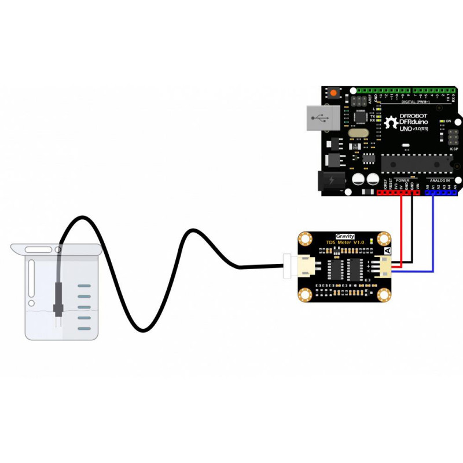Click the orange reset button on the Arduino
[x=335, y=93]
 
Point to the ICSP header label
[x=453, y=149]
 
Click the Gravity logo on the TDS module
[x=345, y=236]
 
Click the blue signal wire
[x=432, y=243]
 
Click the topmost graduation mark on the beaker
[x=84, y=286]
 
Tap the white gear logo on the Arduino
[x=389, y=122]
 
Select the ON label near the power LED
[x=448, y=121]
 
